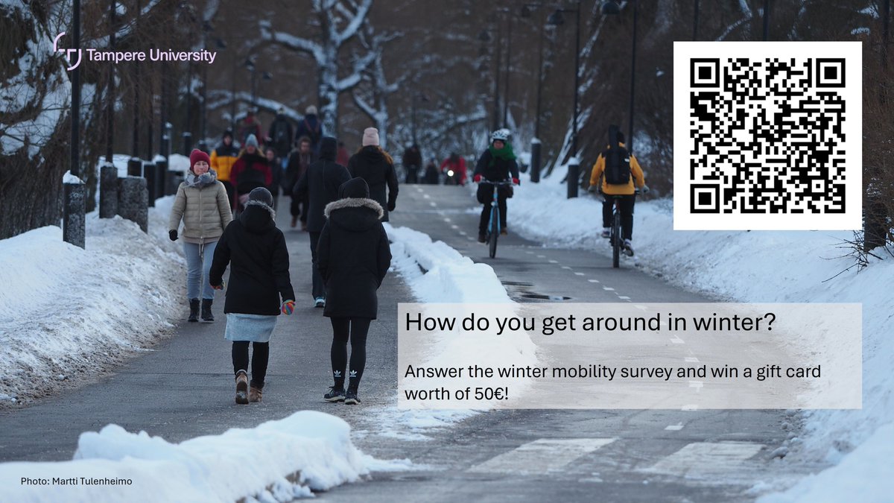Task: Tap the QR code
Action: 767,136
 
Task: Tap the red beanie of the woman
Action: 200,157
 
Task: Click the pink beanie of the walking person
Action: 370,136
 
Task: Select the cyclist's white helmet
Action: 500,136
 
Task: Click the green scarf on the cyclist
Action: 502,154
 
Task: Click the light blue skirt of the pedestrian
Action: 251,327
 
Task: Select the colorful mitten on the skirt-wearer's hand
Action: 288,307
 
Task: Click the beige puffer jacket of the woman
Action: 200,209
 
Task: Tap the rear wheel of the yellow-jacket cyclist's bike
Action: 616,241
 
